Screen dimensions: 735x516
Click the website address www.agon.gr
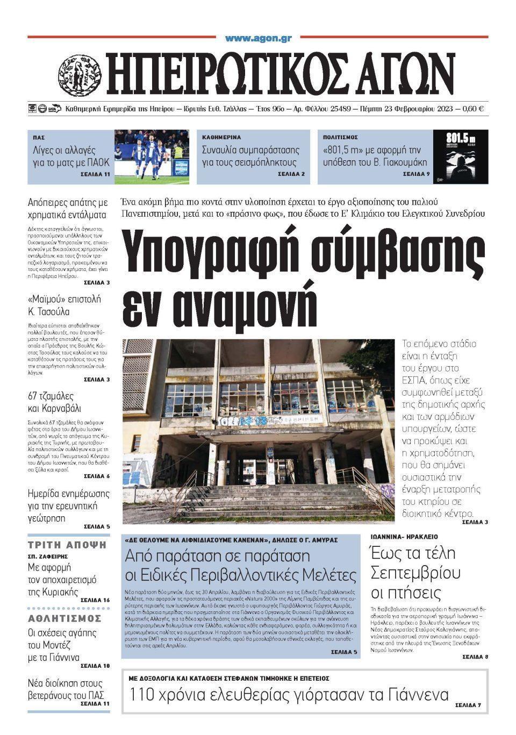258,38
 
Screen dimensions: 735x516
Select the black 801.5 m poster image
461,156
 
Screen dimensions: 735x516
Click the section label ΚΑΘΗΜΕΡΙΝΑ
221,138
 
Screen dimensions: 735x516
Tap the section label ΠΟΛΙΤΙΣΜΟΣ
340,138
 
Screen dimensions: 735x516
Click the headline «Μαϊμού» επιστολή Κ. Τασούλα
64,305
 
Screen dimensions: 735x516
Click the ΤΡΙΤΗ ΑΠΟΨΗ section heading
68,545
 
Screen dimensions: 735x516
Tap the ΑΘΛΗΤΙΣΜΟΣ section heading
65,618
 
